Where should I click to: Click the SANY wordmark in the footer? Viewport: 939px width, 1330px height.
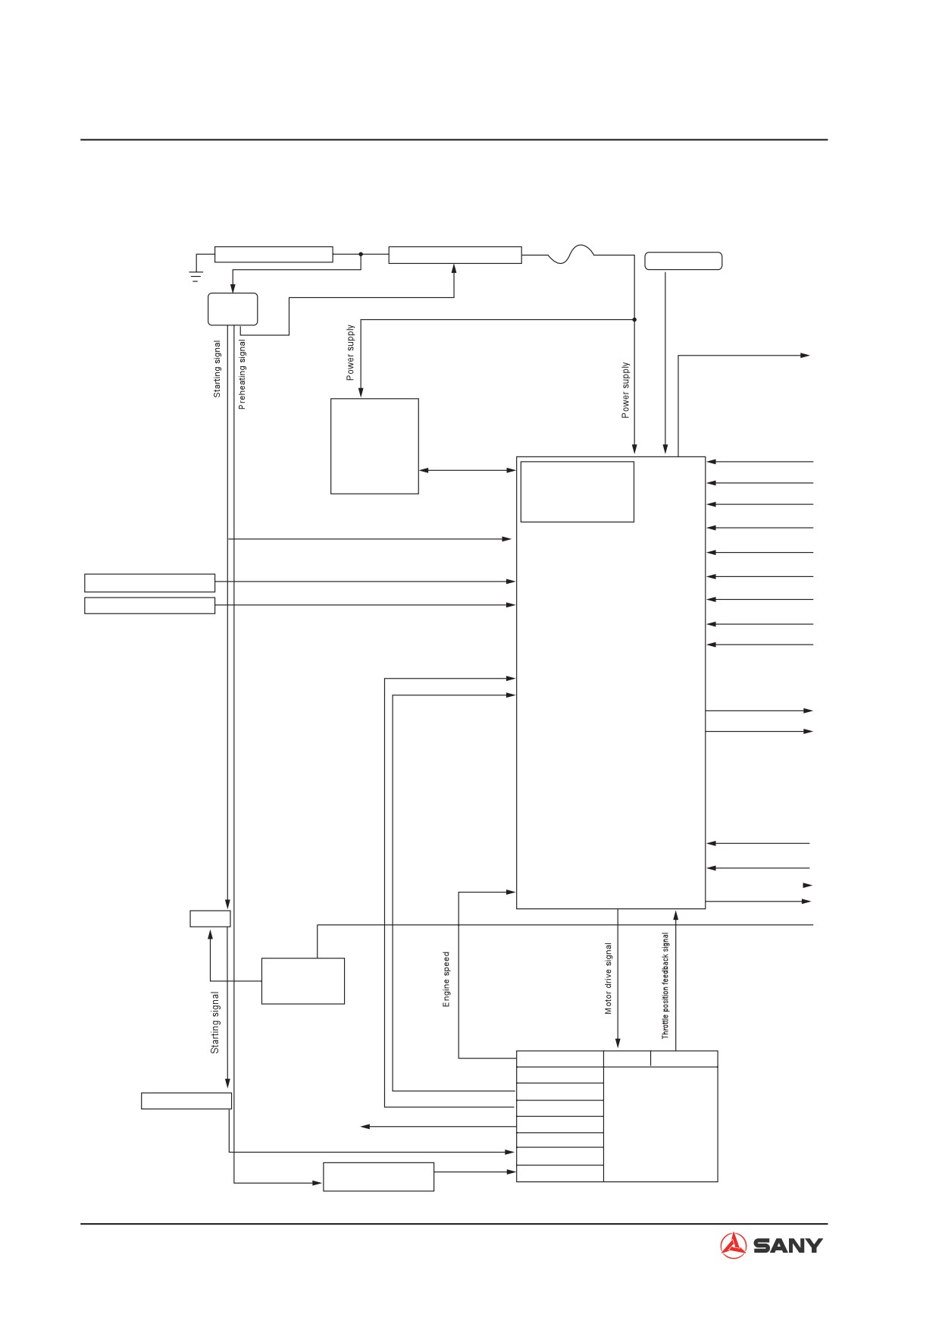coord(787,1245)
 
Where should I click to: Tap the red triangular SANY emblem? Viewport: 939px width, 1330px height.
coord(733,1245)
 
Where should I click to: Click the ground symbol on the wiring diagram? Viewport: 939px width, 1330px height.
coord(196,275)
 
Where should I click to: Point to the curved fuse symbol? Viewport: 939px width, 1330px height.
coord(571,255)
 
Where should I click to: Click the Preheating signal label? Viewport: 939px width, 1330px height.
coord(242,375)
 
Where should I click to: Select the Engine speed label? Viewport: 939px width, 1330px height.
coord(446,980)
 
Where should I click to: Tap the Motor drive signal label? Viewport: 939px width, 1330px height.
coord(608,978)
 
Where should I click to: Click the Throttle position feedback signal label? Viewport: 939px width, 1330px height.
coord(665,985)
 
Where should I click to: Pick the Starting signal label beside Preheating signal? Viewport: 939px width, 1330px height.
coord(217,369)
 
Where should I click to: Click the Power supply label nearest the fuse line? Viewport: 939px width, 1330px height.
coord(625,390)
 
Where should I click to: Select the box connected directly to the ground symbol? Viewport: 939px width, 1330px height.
coord(274,254)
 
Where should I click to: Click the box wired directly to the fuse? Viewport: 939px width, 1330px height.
coord(455,255)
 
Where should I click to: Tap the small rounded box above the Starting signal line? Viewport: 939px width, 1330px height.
coord(233,309)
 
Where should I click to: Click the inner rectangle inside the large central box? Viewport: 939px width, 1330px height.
coord(577,491)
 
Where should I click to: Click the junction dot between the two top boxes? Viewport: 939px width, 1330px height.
coord(361,254)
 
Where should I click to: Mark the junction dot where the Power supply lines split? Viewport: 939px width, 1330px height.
coord(634,319)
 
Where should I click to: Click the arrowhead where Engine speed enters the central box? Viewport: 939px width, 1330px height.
coord(511,892)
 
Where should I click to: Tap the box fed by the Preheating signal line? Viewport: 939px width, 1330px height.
coord(379,1176)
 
